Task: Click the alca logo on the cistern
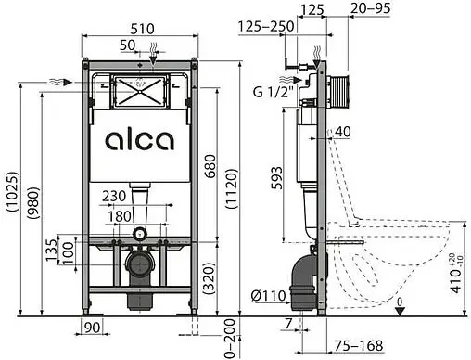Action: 138,140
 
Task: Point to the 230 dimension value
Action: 115,197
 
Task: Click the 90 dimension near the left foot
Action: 90,327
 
